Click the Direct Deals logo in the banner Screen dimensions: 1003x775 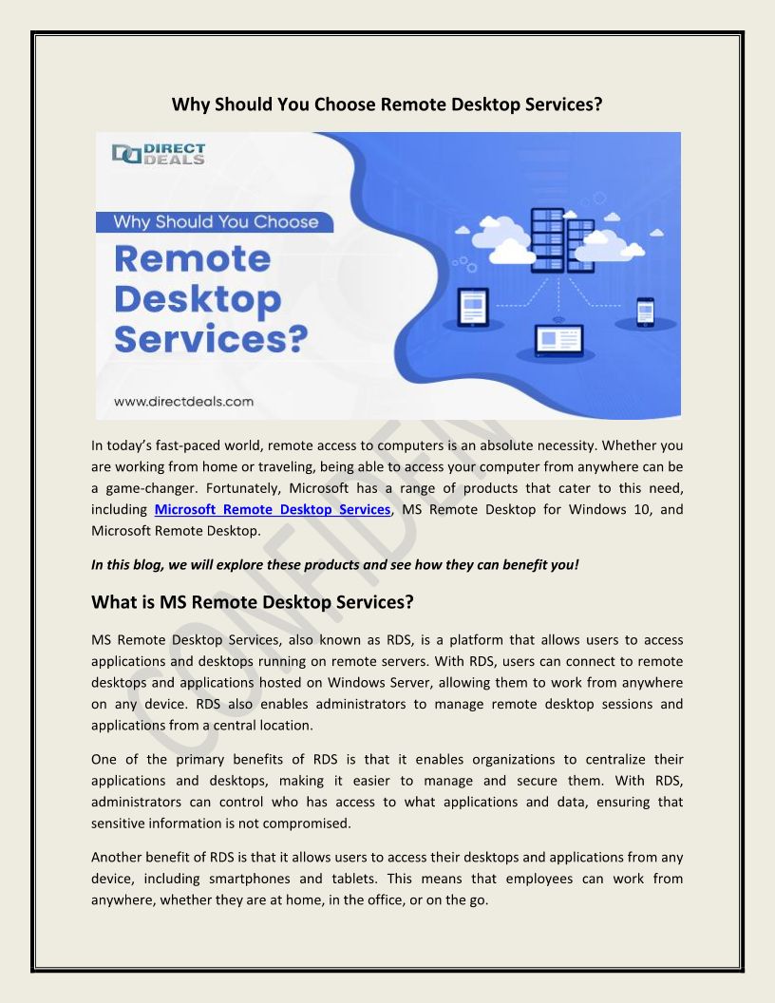[158, 154]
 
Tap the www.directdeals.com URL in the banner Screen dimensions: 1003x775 [183, 401]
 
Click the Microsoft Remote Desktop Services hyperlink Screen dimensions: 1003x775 [272, 510]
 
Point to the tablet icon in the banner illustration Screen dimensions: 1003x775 [473, 306]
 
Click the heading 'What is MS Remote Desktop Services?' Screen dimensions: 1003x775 [253, 602]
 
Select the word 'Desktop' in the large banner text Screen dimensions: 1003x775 [198, 299]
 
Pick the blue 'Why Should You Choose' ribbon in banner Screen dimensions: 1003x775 [217, 222]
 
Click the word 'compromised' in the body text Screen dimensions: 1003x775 [302, 823]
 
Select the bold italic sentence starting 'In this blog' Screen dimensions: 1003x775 [334, 564]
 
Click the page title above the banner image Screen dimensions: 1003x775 [387, 104]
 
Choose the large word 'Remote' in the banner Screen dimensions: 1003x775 [193, 259]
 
